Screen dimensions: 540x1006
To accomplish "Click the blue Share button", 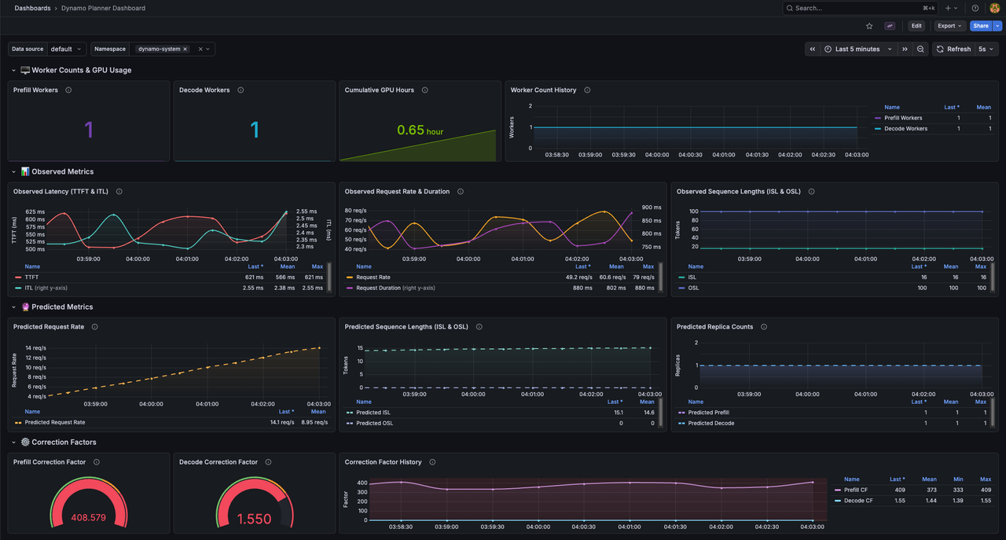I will tap(980, 26).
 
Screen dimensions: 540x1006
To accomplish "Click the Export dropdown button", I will tap(949, 26).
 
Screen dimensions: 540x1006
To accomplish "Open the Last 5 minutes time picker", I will tap(858, 49).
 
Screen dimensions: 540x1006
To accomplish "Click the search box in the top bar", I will tap(857, 8).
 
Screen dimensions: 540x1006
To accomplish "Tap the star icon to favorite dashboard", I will tap(869, 26).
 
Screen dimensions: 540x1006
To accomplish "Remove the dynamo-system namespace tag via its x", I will tap(185, 49).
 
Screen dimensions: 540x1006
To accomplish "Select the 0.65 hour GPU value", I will tap(419, 130).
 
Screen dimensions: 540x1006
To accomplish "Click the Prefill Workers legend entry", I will tap(903, 118).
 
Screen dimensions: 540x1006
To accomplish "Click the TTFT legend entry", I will tap(31, 277).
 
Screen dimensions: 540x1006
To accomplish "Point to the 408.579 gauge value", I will tap(89, 518).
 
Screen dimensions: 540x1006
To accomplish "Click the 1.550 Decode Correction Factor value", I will tap(255, 519).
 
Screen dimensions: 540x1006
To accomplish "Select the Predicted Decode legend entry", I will tap(711, 423).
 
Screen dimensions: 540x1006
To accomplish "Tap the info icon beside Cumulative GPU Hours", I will tap(425, 90).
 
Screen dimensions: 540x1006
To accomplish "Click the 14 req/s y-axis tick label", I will tap(35, 348).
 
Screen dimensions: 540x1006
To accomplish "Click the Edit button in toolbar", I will tap(916, 26).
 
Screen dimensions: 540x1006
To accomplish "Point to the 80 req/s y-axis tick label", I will tap(355, 211).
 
